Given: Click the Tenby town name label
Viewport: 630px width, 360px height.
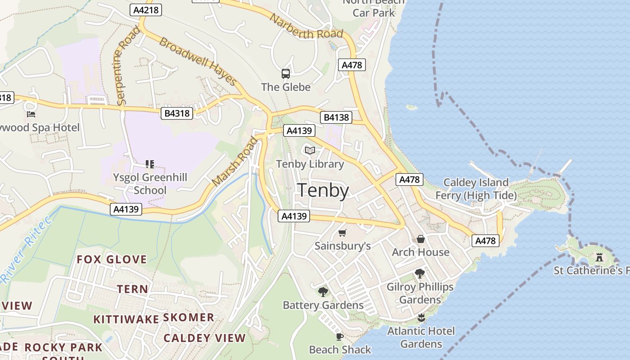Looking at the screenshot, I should [323, 191].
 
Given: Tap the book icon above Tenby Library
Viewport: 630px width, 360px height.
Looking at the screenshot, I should [310, 150].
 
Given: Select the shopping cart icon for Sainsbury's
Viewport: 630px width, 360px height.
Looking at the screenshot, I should [342, 233].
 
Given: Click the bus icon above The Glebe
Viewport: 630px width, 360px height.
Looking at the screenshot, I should [285, 73].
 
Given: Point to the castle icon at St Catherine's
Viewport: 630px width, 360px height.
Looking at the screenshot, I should [599, 257].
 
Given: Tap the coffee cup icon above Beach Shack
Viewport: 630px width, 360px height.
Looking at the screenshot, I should [340, 337].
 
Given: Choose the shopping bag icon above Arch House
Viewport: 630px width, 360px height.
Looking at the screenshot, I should [421, 238].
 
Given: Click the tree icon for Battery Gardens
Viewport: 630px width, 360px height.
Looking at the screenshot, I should [323, 292].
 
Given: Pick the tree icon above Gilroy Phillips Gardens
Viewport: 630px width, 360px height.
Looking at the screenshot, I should [420, 273].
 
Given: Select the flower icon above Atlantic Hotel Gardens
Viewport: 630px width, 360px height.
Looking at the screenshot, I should [421, 318].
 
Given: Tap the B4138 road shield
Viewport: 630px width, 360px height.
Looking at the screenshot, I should [336, 118].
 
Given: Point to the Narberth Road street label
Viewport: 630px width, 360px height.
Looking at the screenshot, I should [306, 26].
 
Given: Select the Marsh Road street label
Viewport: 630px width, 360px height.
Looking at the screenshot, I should [235, 162].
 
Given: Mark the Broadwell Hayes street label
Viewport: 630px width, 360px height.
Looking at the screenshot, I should [198, 62].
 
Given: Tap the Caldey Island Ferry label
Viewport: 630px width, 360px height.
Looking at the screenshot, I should [476, 189].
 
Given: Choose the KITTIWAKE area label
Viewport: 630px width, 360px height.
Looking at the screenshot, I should [126, 319].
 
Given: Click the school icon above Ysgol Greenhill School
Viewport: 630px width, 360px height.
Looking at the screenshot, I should [150, 164].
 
